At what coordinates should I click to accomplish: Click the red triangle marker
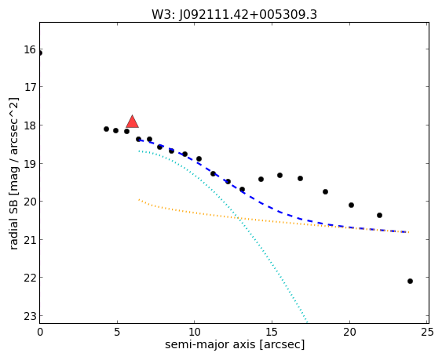tap(132, 122)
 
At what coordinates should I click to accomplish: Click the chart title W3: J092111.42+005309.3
tap(234, 15)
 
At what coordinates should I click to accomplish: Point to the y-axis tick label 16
tap(30, 50)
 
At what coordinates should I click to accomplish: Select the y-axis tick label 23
tap(30, 316)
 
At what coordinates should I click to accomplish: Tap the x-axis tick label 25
tap(427, 333)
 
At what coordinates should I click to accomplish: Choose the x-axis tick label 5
tap(117, 333)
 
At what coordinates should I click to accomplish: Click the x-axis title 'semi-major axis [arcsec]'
tap(235, 344)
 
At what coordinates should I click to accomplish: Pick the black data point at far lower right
tap(410, 281)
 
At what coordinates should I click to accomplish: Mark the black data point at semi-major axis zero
tap(40, 53)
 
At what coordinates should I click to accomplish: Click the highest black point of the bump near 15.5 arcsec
tap(280, 175)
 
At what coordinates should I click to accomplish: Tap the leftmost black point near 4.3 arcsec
tap(106, 129)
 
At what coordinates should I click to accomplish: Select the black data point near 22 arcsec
tap(379, 215)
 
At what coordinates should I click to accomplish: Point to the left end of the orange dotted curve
tap(139, 199)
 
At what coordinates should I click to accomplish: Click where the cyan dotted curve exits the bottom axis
tap(307, 322)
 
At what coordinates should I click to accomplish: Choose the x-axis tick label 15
tap(272, 333)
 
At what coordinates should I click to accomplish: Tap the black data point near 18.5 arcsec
tap(325, 191)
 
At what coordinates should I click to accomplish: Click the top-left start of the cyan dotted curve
tap(139, 151)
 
